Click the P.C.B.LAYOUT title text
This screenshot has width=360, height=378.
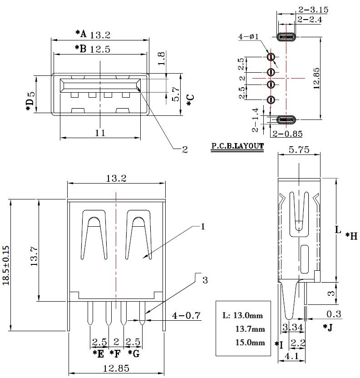[237, 147]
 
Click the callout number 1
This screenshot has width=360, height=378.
[203, 226]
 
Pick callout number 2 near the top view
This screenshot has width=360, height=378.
[184, 149]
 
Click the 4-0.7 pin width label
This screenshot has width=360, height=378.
[187, 315]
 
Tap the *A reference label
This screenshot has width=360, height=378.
[81, 33]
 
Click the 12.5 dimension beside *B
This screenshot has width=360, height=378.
[100, 49]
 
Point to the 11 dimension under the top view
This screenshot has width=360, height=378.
[100, 133]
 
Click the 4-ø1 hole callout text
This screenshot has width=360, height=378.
[248, 36]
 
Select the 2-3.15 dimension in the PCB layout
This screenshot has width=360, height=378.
[313, 9]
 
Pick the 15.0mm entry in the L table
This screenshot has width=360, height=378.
[249, 343]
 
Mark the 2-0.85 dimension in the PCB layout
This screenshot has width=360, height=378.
[288, 134]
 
